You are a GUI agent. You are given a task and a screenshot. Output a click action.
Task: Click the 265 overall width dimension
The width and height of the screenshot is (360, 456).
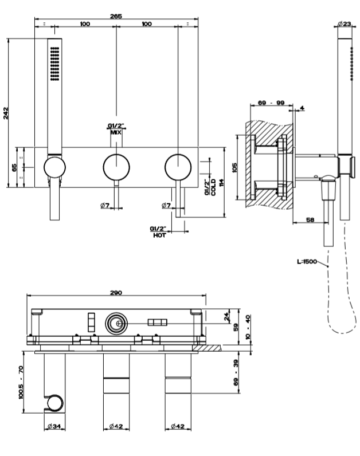[116, 16]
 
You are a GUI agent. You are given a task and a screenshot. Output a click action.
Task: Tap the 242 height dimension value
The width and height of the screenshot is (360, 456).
[6, 113]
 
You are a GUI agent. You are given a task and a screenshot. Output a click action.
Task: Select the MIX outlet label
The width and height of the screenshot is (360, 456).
[116, 132]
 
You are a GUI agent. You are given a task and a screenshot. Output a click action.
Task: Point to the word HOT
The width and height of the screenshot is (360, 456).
[159, 235]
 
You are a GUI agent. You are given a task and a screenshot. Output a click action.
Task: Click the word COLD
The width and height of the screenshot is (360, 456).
[213, 187]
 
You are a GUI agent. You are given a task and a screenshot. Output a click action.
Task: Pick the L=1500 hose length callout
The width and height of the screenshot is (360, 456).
[307, 261]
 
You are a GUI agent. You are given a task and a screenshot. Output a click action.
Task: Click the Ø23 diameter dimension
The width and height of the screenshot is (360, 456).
[345, 23]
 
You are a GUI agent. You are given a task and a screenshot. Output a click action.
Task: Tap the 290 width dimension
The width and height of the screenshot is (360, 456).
[116, 293]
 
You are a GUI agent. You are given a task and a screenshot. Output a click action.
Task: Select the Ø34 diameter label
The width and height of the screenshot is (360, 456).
[54, 426]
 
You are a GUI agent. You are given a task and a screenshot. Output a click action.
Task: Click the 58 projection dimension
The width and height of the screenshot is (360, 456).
[310, 219]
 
